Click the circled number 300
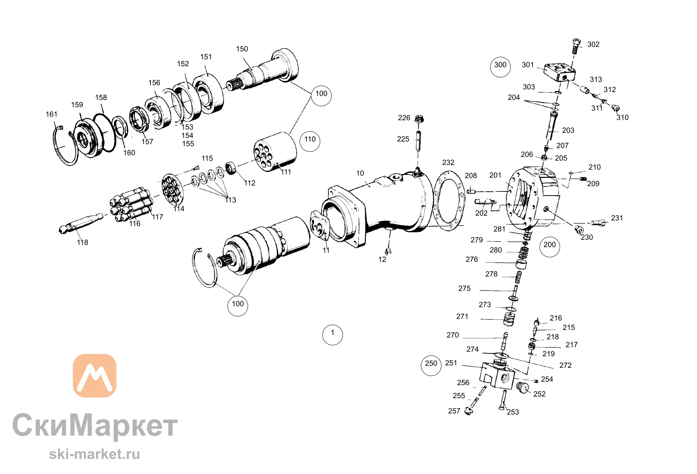pyautogui.click(x=500, y=67)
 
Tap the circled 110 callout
pyautogui.click(x=310, y=141)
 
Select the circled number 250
pyautogui.click(x=431, y=365)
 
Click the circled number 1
pyautogui.click(x=332, y=335)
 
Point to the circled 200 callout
pyautogui.click(x=550, y=247)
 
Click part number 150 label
pyautogui.click(x=242, y=49)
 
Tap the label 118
pyautogui.click(x=83, y=242)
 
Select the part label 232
pyautogui.click(x=448, y=163)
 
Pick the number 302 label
pyautogui.click(x=593, y=45)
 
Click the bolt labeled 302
pyautogui.click(x=576, y=46)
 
